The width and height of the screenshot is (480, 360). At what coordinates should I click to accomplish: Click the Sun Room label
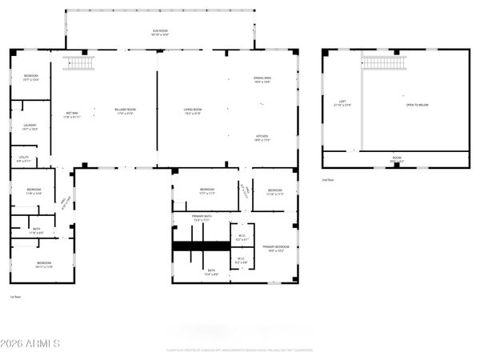point(160,33)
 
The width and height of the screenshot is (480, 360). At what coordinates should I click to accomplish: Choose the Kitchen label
point(262,138)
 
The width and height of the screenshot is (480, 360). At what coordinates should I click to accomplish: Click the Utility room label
point(25,159)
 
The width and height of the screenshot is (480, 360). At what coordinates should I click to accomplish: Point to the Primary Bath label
point(202,218)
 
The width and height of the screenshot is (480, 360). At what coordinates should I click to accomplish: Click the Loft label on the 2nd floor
point(342,103)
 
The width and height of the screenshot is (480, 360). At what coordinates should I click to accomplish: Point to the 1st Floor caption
point(15,297)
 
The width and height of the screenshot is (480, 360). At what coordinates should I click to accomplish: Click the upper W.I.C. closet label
point(242,238)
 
